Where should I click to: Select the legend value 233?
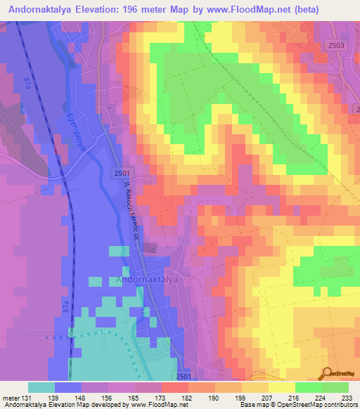337,397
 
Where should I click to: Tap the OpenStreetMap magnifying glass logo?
326,373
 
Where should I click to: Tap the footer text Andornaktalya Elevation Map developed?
49,405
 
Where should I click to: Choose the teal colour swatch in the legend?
41,387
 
